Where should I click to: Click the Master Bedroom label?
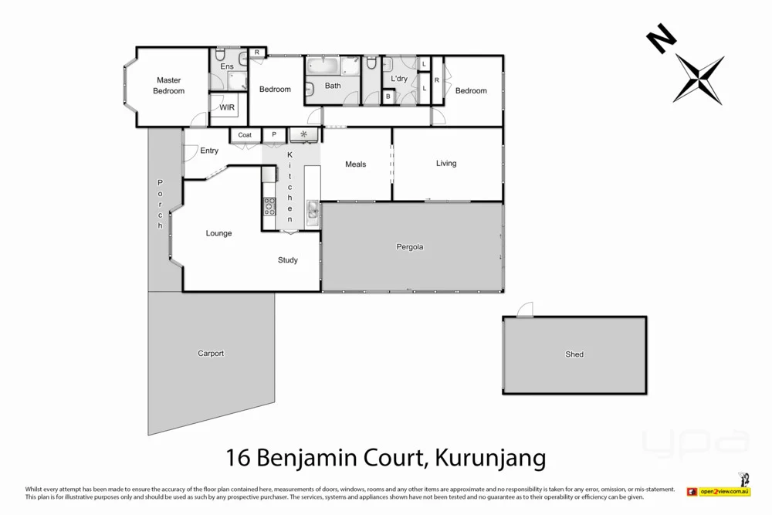point(168,86)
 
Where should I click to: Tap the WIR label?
point(227,108)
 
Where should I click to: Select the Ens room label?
point(227,66)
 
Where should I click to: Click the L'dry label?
point(399,79)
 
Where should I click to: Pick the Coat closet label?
point(245,135)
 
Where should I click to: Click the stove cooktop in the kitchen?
point(269,206)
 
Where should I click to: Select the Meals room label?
point(356,164)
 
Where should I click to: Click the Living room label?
point(446,164)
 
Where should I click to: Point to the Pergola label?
point(410,248)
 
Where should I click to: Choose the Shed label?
point(574,354)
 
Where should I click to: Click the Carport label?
point(211,354)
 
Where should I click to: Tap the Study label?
point(288,260)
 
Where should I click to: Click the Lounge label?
point(219,233)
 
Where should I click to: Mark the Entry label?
point(209,151)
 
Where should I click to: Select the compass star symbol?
point(699,80)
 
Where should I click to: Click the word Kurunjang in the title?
point(491,459)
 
